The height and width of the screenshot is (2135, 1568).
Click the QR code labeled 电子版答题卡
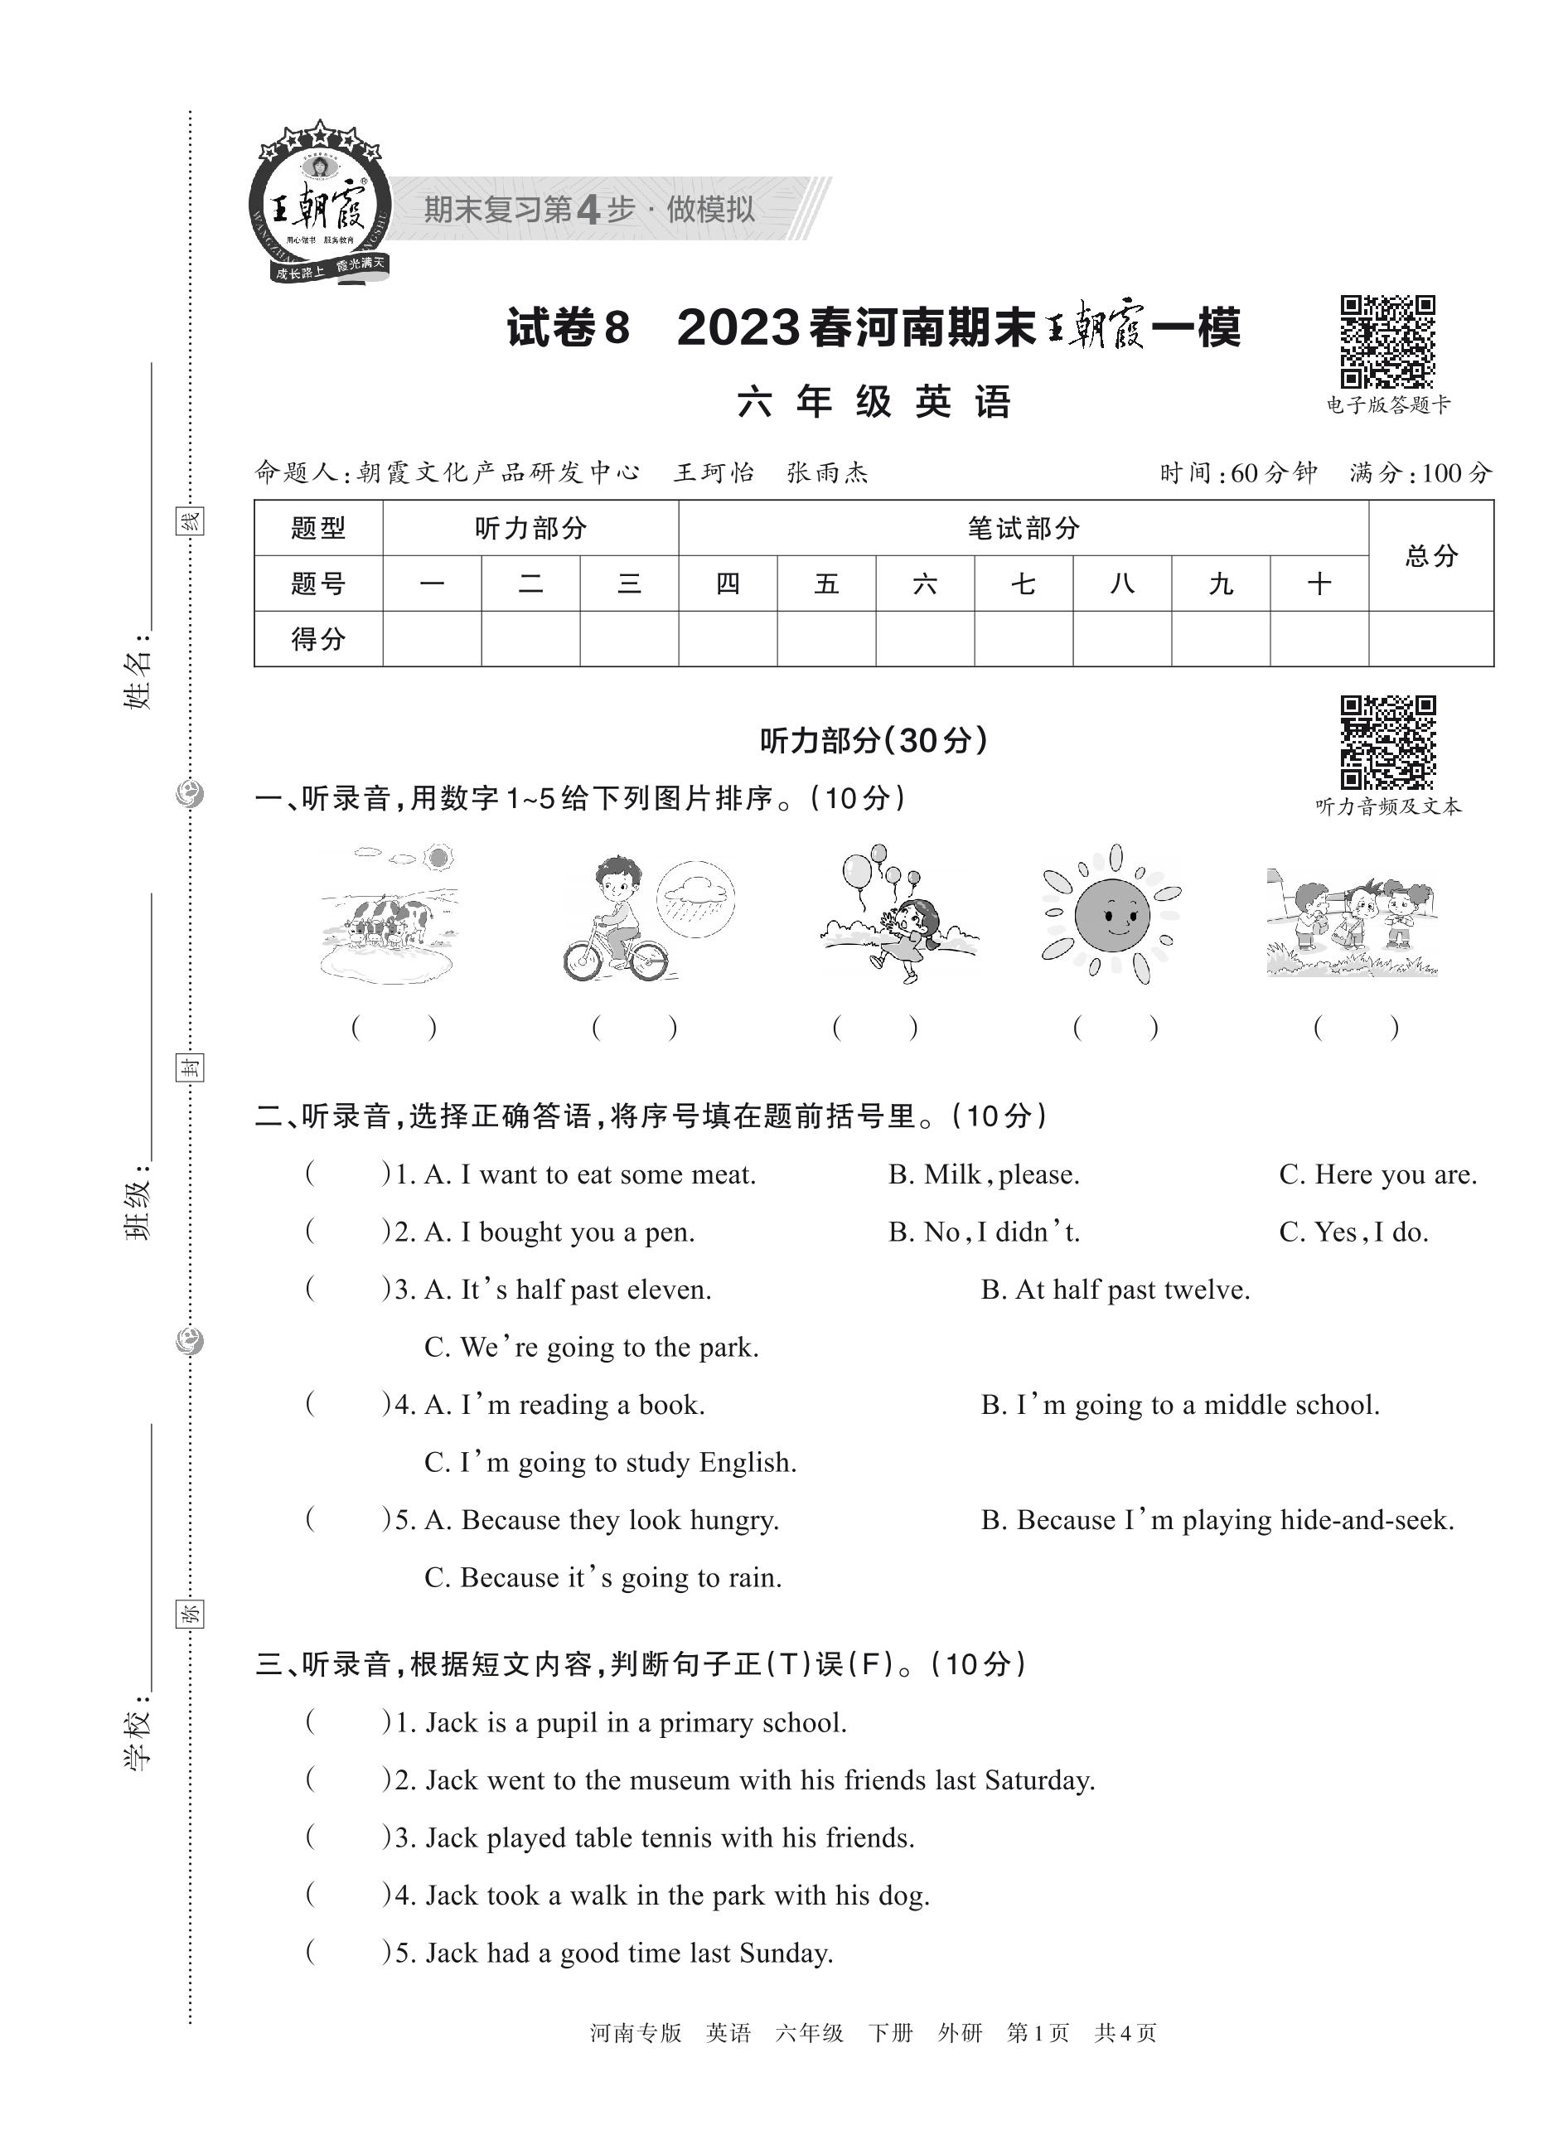tap(1387, 341)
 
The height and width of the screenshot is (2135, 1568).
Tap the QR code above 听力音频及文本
tap(1387, 743)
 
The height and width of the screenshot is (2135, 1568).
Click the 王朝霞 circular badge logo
tap(320, 205)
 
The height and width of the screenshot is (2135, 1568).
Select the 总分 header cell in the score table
tap(1430, 555)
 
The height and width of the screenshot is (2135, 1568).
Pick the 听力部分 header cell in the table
tap(530, 528)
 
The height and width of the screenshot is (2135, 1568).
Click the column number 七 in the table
tap(1024, 583)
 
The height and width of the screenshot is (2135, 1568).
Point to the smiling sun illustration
tap(1111, 914)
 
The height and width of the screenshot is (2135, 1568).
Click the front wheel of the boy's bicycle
tap(582, 961)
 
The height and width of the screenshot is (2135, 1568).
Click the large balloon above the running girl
tap(856, 871)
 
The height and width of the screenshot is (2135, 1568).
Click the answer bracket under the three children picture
tap(1354, 1027)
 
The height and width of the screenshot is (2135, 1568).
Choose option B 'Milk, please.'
tap(984, 1175)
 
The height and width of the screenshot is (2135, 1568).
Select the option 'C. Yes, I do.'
tap(1353, 1232)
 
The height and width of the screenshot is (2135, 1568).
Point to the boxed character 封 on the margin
tap(190, 1068)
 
